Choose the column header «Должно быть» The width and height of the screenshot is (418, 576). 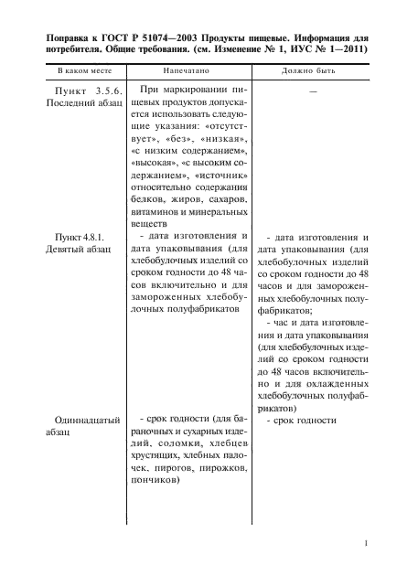coord(312,70)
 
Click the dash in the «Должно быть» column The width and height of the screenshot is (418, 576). coord(313,92)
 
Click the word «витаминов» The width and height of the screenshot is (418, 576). coord(156,211)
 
